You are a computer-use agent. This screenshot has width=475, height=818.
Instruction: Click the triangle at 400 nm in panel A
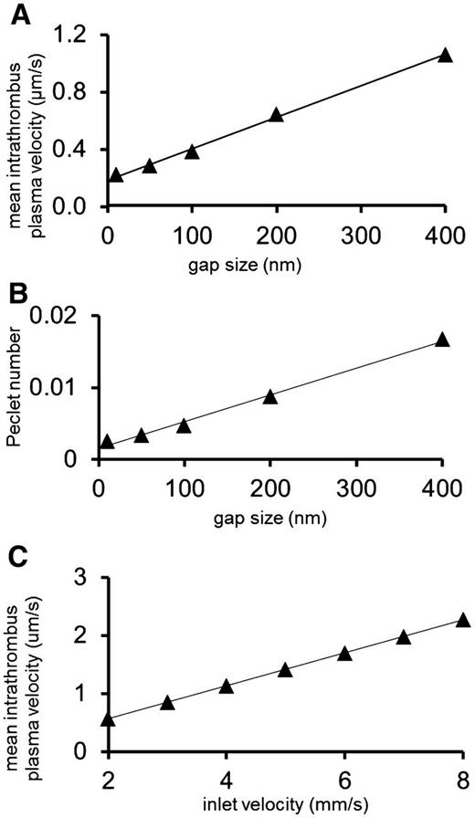pyautogui.click(x=445, y=55)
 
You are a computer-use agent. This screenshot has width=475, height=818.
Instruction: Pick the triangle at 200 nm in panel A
pyautogui.click(x=276, y=115)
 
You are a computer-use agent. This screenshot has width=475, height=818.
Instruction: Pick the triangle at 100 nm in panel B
pyautogui.click(x=183, y=425)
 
